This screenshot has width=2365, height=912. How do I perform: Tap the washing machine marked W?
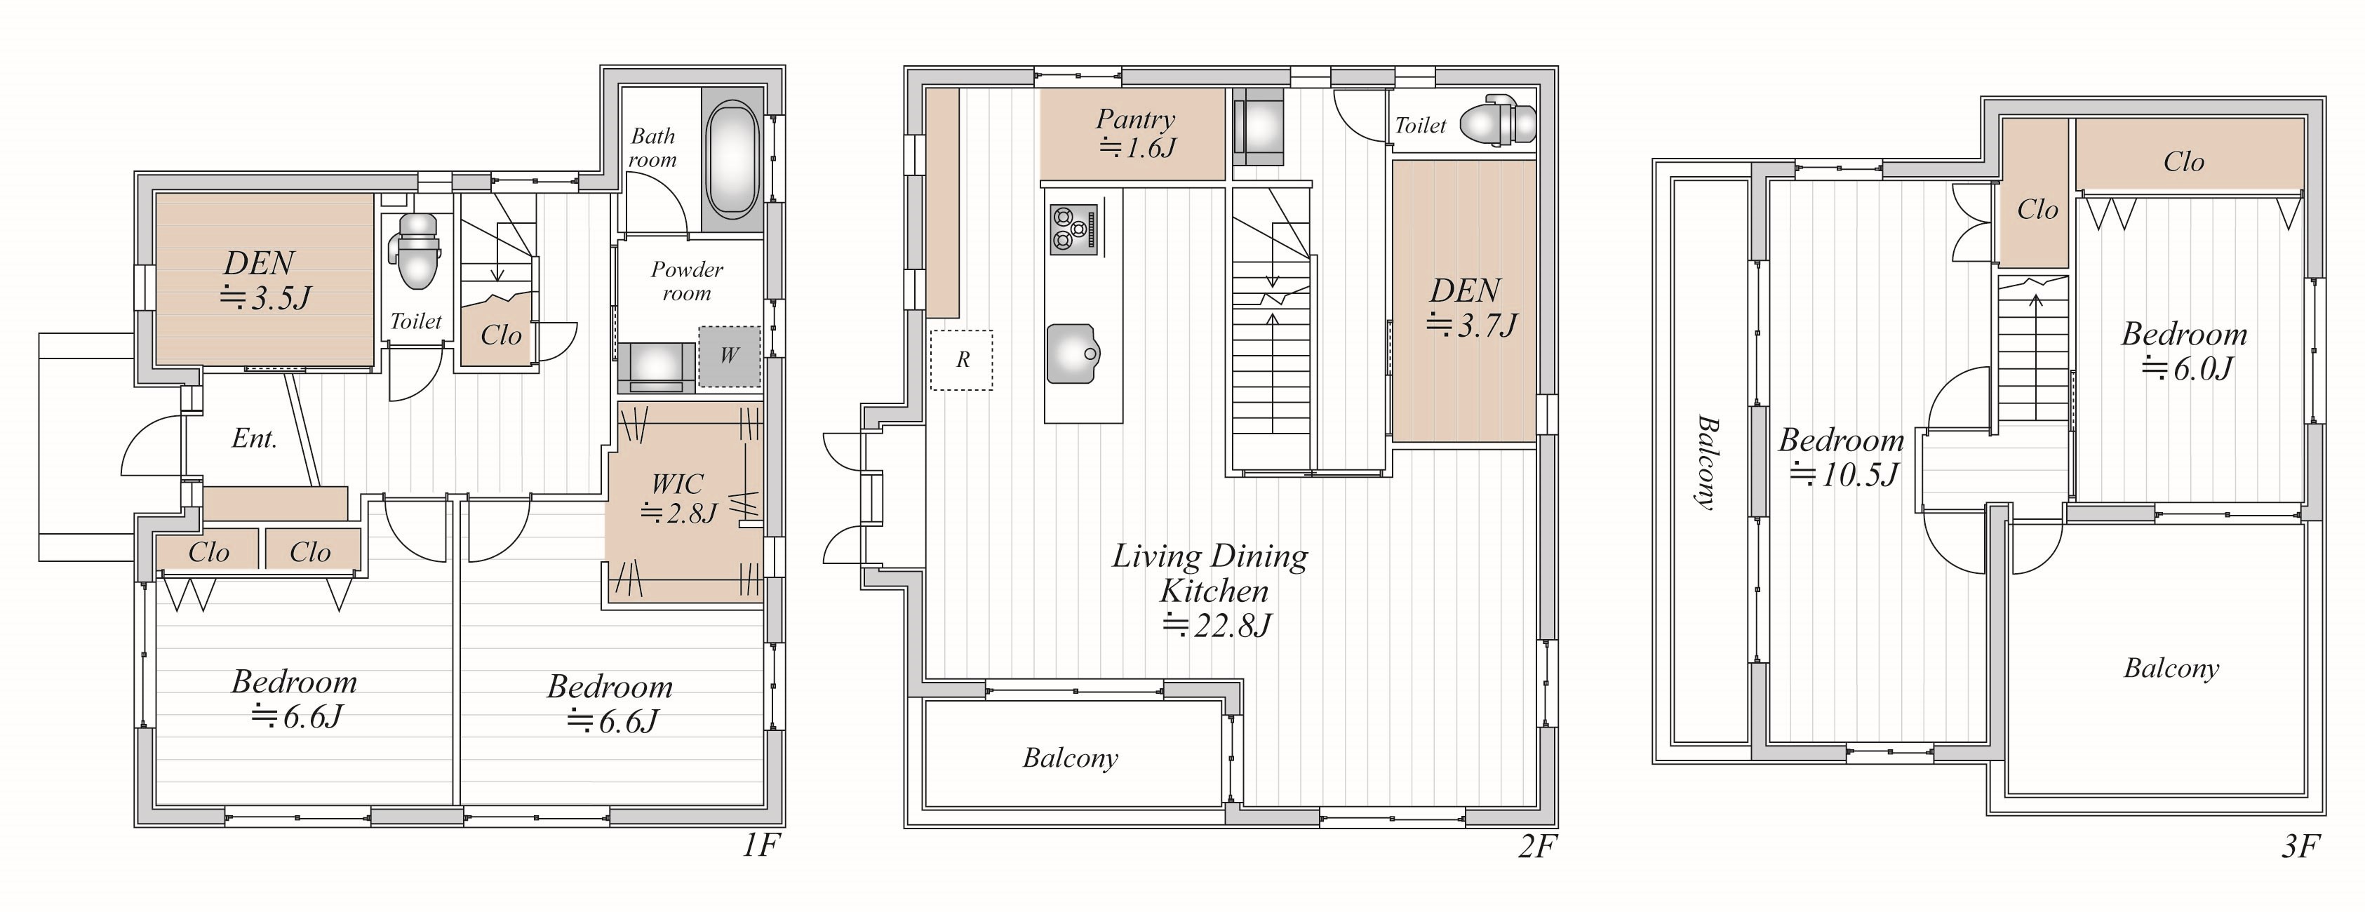[729, 356]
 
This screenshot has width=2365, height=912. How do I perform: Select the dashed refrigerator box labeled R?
[961, 360]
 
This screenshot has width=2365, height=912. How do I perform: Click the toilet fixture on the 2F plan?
[1497, 123]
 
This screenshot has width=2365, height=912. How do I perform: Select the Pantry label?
[1136, 119]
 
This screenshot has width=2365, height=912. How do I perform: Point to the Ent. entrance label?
[254, 439]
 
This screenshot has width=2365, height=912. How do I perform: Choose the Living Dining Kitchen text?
[1211, 573]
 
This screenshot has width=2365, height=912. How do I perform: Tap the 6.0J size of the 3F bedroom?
[2188, 369]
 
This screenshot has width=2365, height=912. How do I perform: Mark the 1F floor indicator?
[761, 845]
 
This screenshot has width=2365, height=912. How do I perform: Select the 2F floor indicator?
[1538, 845]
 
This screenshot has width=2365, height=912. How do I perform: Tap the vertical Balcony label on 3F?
[1707, 463]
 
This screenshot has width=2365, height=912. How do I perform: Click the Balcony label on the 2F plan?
[1071, 758]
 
